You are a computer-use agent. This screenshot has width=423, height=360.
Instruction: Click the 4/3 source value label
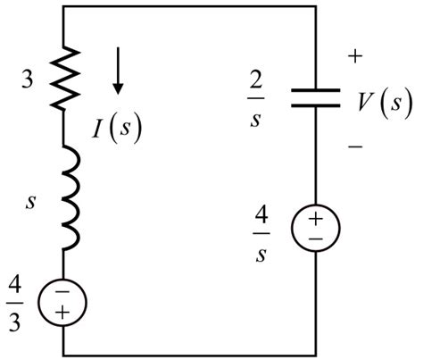tap(21, 299)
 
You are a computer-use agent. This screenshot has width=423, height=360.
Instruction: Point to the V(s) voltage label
tap(379, 100)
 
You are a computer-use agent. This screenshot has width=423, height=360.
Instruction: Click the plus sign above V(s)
tap(355, 55)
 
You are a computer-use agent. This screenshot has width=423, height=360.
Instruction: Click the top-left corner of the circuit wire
tap(64, 6)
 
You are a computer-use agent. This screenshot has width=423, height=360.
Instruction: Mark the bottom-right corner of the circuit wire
tap(316, 352)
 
